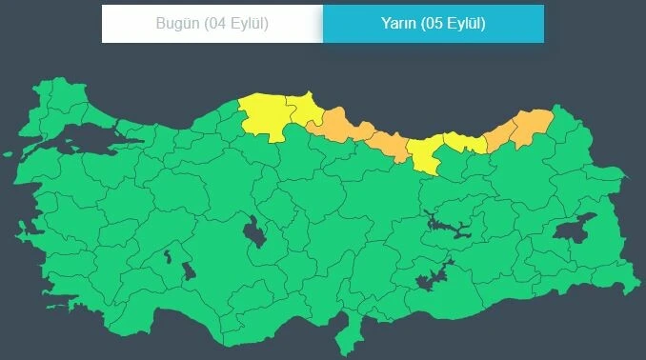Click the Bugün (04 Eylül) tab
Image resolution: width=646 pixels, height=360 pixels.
pos(212,24)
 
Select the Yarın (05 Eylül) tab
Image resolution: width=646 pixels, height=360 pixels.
pos(434,24)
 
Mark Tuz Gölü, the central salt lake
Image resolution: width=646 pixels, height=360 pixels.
pos(254,231)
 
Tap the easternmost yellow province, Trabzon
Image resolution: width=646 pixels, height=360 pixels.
pos(463,144)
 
